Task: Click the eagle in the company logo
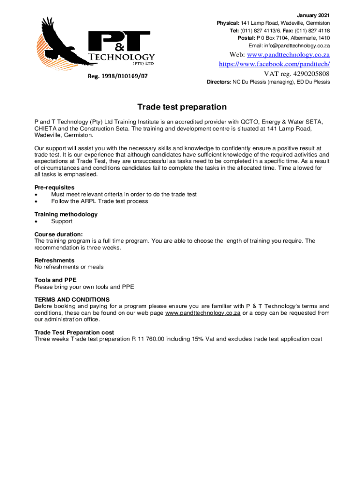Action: (56, 44)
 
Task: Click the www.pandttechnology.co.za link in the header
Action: (288, 55)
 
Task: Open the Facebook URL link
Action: (274, 64)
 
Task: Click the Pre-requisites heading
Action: (54, 188)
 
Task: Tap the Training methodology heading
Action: (66, 214)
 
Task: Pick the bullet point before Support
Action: (36, 221)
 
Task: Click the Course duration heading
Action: (58, 234)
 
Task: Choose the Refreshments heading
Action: (54, 260)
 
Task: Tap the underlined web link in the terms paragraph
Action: (203, 313)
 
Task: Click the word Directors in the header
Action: (219, 82)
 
